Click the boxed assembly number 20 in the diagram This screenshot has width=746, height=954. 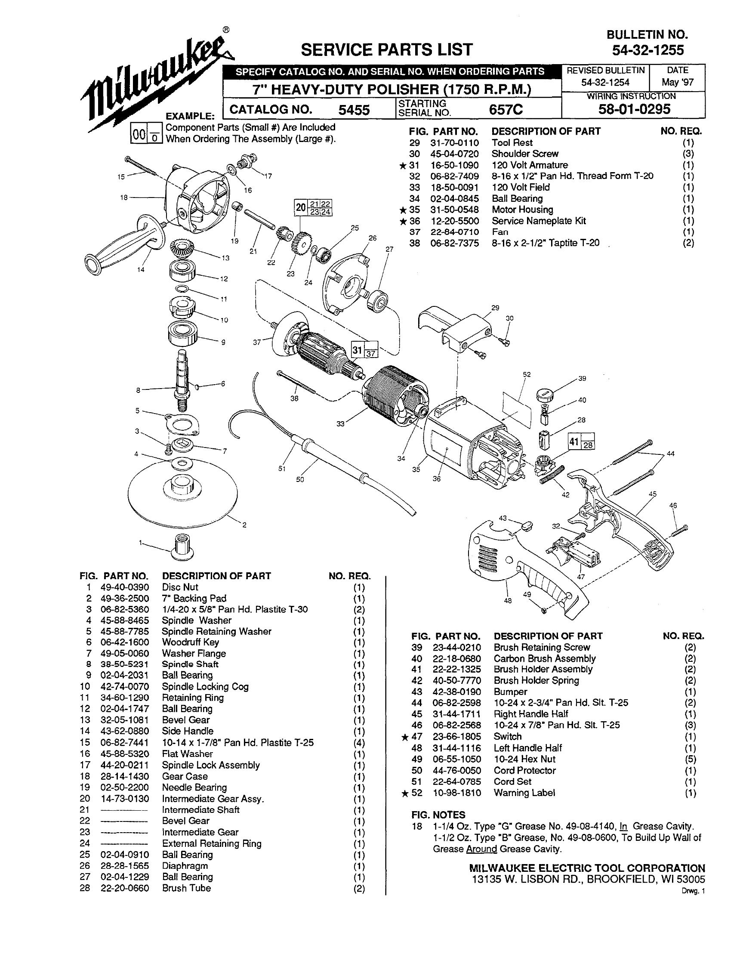click(300, 207)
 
